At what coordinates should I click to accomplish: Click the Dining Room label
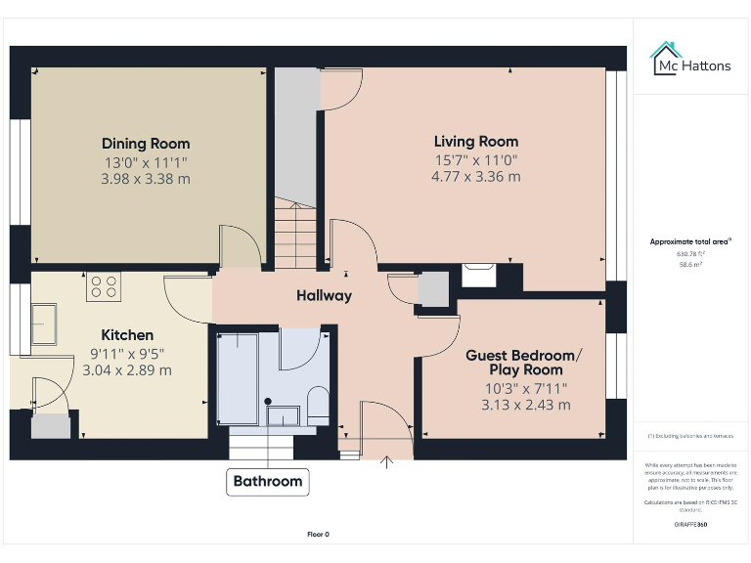(x=146, y=144)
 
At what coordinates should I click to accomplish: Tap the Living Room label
(x=476, y=142)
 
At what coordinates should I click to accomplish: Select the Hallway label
(x=324, y=295)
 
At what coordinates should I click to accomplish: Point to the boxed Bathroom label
(x=268, y=481)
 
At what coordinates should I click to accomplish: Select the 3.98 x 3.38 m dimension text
(x=146, y=179)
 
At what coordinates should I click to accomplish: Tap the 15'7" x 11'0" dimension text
(x=476, y=160)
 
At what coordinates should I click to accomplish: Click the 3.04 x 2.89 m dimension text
(x=126, y=370)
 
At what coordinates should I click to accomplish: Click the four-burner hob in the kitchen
(x=104, y=285)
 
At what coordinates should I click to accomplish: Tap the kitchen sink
(x=45, y=324)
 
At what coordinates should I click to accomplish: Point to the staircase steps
(x=296, y=234)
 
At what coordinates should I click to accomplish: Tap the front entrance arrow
(x=387, y=462)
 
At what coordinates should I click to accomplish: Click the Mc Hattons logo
(x=691, y=61)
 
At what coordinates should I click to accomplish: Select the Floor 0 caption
(x=319, y=535)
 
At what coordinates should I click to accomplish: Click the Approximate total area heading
(x=690, y=241)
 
